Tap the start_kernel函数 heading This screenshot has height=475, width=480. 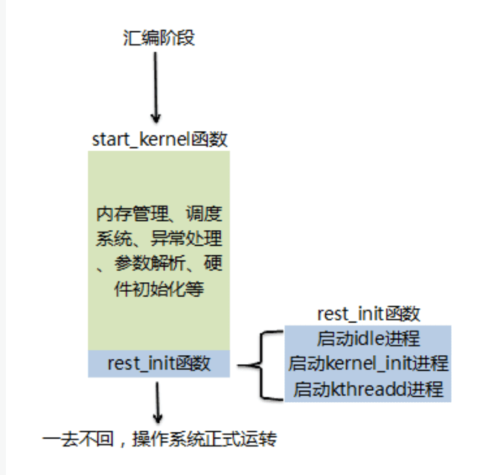pyautogui.click(x=159, y=139)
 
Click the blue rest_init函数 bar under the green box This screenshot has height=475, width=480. pyautogui.click(x=159, y=363)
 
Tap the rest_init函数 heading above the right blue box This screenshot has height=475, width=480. pyautogui.click(x=368, y=313)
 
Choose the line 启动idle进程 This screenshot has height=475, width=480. pyautogui.click(x=368, y=339)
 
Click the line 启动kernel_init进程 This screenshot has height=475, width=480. pyautogui.click(x=368, y=364)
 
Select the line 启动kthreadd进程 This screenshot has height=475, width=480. pyautogui.click(x=368, y=389)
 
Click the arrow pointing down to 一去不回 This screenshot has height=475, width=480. pyautogui.click(x=157, y=402)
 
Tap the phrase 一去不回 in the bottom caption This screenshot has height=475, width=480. pyautogui.click(x=71, y=439)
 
